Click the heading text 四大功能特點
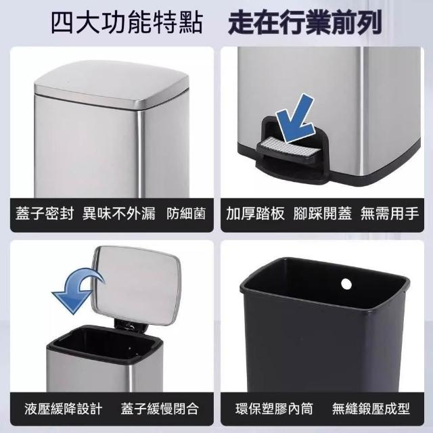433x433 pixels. coord(127,22)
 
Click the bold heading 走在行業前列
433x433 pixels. coord(305,22)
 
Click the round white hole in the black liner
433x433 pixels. coord(346,283)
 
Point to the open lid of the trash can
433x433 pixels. coord(136,285)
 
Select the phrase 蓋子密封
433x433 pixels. coord(45,214)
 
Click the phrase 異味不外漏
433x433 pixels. coord(119,214)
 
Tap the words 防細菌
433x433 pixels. coord(186,214)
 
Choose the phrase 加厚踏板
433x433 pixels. coord(255,214)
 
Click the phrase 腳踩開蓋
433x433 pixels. coord(323,214)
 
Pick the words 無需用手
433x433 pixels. coord(390,214)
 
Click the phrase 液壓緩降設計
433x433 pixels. coord(64,409)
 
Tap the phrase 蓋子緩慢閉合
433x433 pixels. coord(160,409)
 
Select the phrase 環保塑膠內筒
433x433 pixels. coord(274,409)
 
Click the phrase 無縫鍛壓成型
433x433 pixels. coord(371,409)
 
